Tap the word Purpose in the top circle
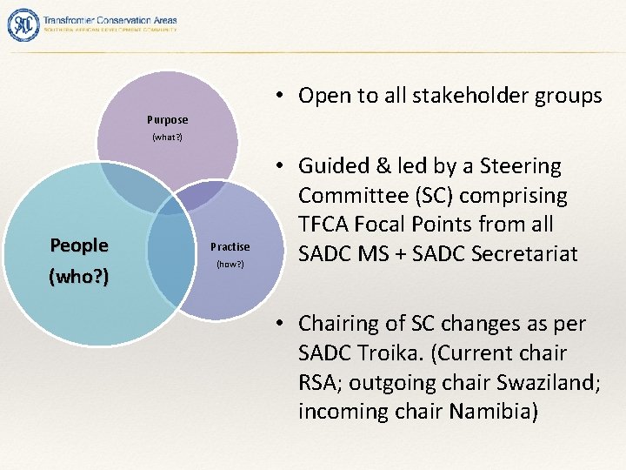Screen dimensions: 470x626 point(167,119)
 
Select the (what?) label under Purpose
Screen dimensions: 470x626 point(167,138)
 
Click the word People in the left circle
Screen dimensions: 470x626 point(79,245)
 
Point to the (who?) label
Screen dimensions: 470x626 point(79,279)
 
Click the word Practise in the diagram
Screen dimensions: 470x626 point(230,247)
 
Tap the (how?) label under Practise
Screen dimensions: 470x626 point(230,264)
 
